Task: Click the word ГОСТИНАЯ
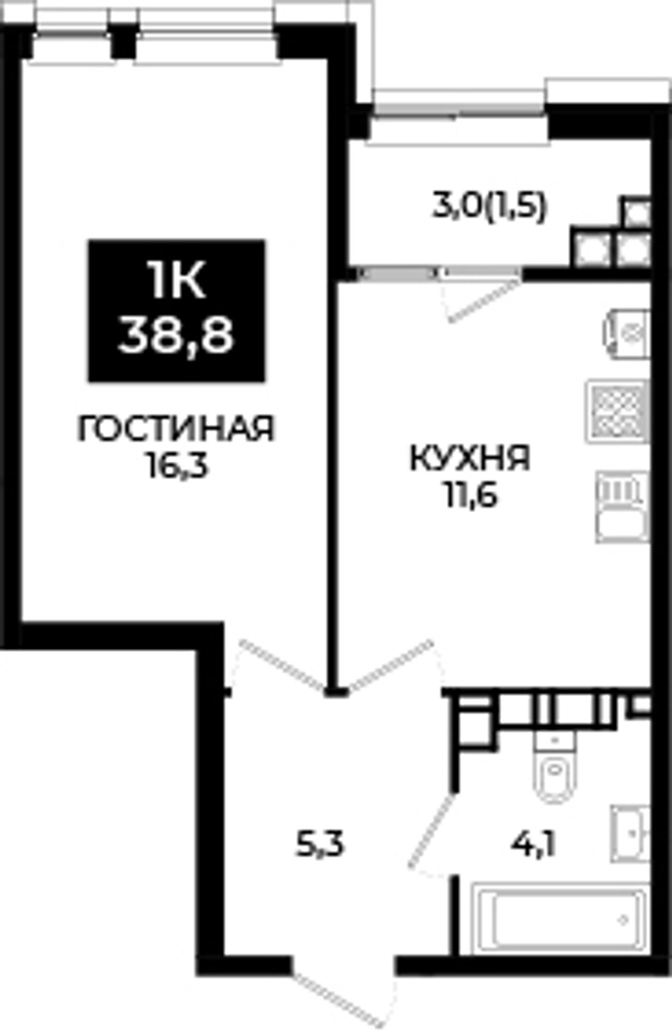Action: pyautogui.click(x=176, y=428)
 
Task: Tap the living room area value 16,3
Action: pyautogui.click(x=177, y=465)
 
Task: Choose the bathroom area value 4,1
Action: pyautogui.click(x=533, y=845)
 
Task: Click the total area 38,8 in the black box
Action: pyautogui.click(x=176, y=336)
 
